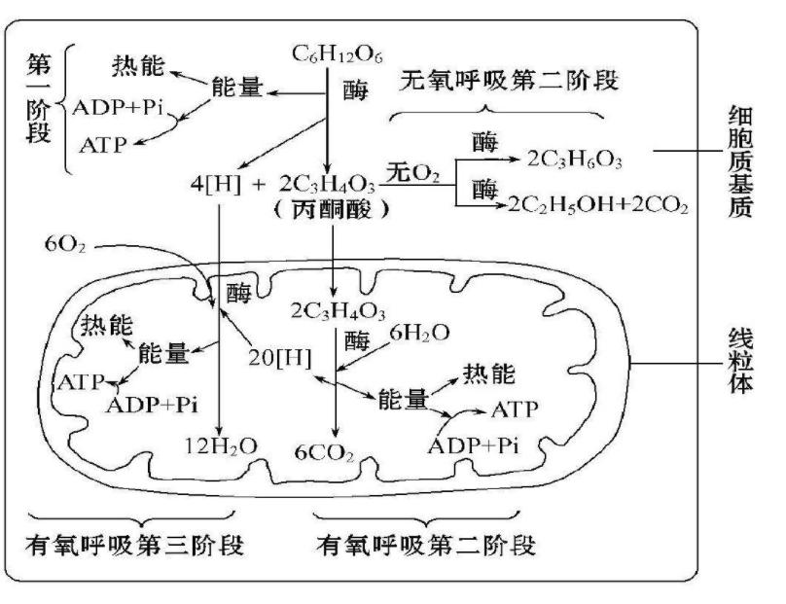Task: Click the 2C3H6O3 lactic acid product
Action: pyautogui.click(x=574, y=155)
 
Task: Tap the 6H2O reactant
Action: pyautogui.click(x=420, y=333)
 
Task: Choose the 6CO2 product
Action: pyautogui.click(x=325, y=451)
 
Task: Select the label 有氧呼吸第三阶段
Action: pyautogui.click(x=134, y=544)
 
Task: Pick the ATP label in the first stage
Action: pyautogui.click(x=104, y=144)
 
